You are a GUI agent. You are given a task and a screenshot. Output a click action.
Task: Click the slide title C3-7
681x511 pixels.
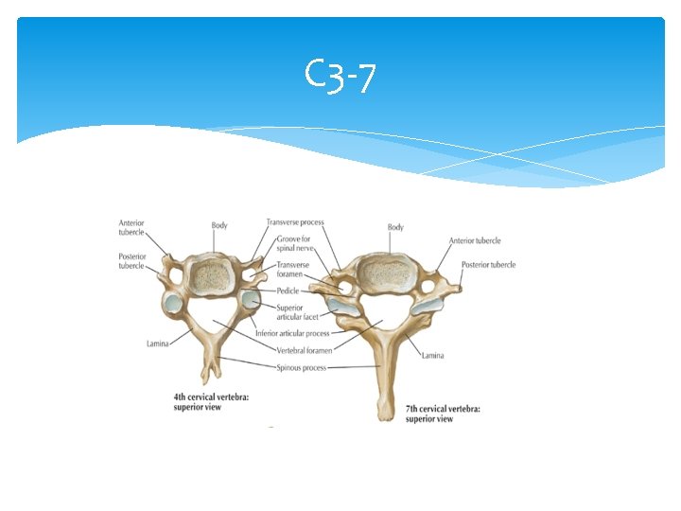340,77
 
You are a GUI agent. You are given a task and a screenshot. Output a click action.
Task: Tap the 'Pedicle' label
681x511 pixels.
288,291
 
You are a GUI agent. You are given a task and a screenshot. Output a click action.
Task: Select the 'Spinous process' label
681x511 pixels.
301,367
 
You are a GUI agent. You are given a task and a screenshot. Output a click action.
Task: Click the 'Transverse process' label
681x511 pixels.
295,222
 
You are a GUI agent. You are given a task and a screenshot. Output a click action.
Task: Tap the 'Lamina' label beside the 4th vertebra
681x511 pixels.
157,344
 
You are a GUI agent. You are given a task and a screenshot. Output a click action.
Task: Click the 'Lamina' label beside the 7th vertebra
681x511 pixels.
432,355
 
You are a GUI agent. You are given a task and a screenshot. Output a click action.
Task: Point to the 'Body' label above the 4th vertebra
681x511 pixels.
219,225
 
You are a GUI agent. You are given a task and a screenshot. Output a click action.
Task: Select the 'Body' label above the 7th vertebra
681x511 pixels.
395,227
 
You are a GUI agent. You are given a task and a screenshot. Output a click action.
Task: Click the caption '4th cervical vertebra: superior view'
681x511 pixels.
209,402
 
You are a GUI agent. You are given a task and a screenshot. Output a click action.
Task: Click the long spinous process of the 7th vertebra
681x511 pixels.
383,379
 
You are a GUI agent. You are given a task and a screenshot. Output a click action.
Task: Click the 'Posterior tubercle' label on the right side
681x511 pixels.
489,265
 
